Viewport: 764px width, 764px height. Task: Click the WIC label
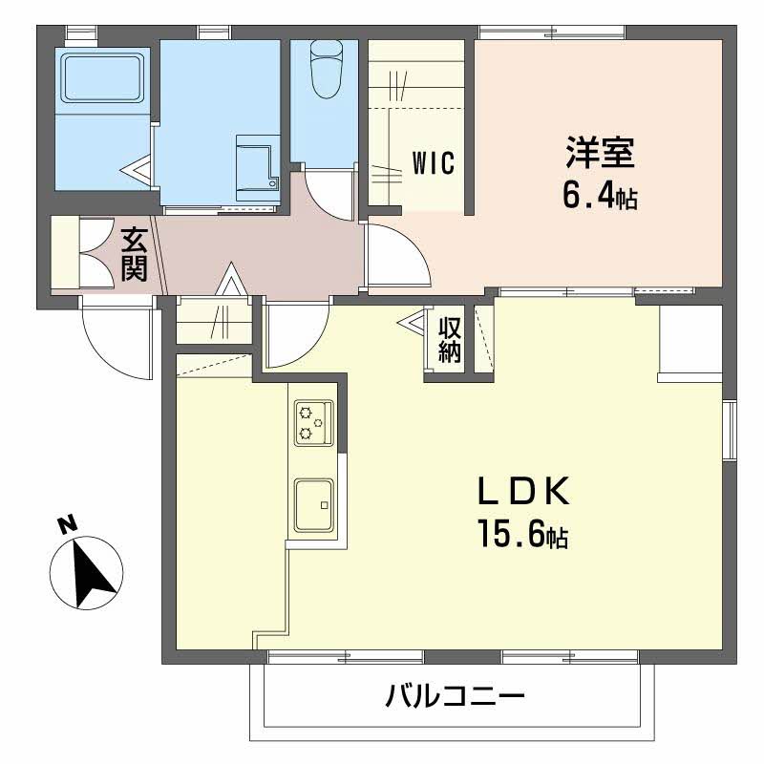pos(432,163)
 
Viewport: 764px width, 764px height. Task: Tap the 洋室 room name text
pos(600,153)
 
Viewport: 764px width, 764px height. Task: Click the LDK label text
pos(523,493)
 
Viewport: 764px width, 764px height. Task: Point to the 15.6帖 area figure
pos(523,536)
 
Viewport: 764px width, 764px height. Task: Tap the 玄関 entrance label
pos(134,253)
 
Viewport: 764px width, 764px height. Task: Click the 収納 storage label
pos(450,338)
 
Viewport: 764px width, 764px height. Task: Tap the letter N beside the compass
pos(66,524)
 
